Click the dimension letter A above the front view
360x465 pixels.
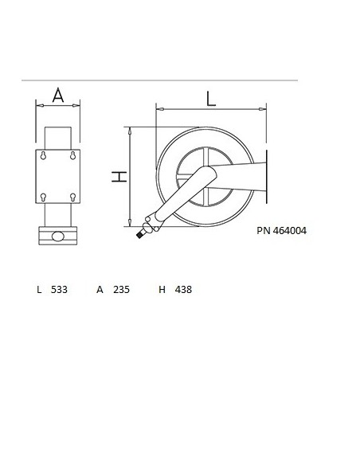[58, 95]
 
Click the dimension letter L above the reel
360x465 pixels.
[210, 99]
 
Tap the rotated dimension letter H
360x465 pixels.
[119, 177]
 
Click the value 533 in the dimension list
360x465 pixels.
[60, 290]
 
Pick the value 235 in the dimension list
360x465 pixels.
[121, 290]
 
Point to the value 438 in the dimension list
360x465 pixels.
[183, 290]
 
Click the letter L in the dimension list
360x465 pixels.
[39, 290]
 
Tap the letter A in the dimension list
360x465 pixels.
[100, 290]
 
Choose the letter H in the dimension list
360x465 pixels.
[162, 290]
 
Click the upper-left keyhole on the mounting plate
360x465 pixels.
[44, 157]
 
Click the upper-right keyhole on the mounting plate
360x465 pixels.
[72, 157]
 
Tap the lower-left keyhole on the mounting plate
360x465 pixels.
[44, 196]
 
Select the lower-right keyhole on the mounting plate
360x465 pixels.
[72, 196]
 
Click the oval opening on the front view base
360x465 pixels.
[58, 236]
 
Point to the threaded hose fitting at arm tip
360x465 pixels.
[142, 232]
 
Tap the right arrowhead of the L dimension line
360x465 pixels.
[266, 109]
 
